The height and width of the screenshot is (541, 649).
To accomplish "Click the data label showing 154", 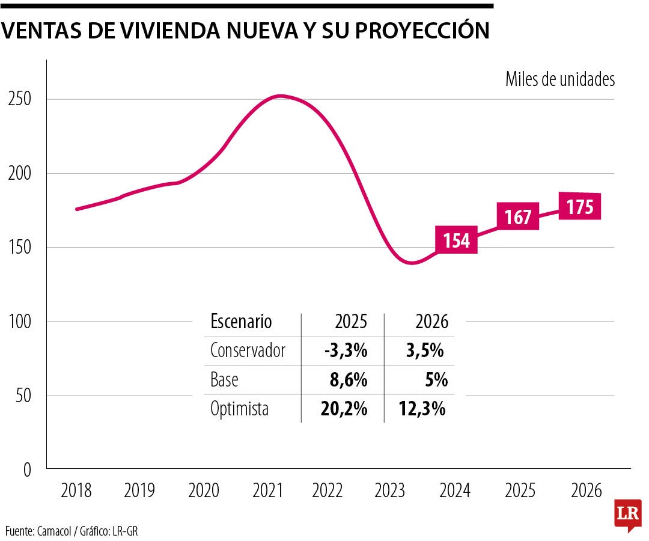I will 457,240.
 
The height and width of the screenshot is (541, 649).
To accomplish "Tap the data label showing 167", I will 517,216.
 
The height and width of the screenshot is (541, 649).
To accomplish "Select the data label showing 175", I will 579,207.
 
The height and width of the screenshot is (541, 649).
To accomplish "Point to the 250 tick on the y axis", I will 19,99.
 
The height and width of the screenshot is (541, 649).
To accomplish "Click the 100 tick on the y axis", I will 19,322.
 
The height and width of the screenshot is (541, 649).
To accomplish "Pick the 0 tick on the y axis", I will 26,469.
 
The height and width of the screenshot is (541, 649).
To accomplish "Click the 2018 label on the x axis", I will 76,491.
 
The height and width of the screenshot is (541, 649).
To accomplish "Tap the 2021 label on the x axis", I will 267,491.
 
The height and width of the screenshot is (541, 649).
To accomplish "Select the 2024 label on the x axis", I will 455,491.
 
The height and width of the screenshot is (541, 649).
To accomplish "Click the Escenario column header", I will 241,322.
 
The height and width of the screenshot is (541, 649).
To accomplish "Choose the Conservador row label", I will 248,350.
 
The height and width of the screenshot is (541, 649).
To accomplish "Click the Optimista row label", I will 239,409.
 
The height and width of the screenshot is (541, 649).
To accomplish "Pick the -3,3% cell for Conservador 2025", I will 345,350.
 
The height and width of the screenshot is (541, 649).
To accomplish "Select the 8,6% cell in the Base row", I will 349,380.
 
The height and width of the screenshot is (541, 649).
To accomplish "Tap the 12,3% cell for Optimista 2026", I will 422,409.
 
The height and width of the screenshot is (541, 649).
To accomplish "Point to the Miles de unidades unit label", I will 560,79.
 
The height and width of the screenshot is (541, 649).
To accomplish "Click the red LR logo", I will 628,515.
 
